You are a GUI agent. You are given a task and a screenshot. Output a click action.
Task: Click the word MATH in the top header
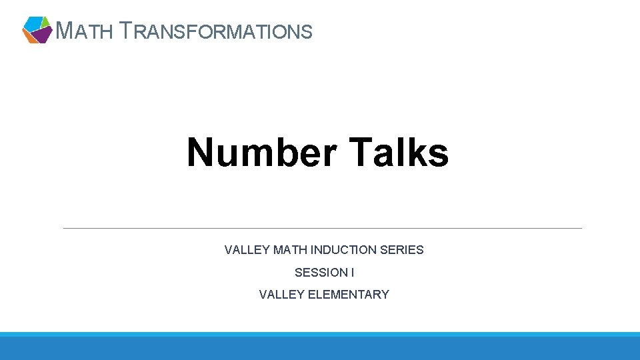pos(84,31)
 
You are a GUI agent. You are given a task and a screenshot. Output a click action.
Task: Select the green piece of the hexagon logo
pos(45,21)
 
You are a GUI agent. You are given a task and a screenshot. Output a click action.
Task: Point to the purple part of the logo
pos(41,34)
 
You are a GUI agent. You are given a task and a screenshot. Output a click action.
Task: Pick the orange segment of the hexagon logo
pos(29,37)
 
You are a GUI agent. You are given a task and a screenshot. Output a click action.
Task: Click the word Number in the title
pos(262,152)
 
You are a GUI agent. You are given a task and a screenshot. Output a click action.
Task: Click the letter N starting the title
pos(201,152)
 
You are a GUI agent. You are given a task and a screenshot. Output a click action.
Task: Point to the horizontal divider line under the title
pos(322,228)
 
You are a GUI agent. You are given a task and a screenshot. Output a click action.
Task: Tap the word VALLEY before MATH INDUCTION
pos(247,250)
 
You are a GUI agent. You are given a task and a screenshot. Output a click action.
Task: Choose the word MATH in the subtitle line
pos(289,250)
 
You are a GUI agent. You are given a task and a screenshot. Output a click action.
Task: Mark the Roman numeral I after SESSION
pos(353,272)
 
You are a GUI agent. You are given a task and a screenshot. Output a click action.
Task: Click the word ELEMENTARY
pos(349,294)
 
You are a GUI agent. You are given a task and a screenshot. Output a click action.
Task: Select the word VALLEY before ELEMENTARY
pos(282,294)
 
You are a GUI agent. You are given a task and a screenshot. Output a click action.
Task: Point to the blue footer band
pos(320,347)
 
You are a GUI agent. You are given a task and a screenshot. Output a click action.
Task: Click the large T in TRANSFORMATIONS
pos(131,30)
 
